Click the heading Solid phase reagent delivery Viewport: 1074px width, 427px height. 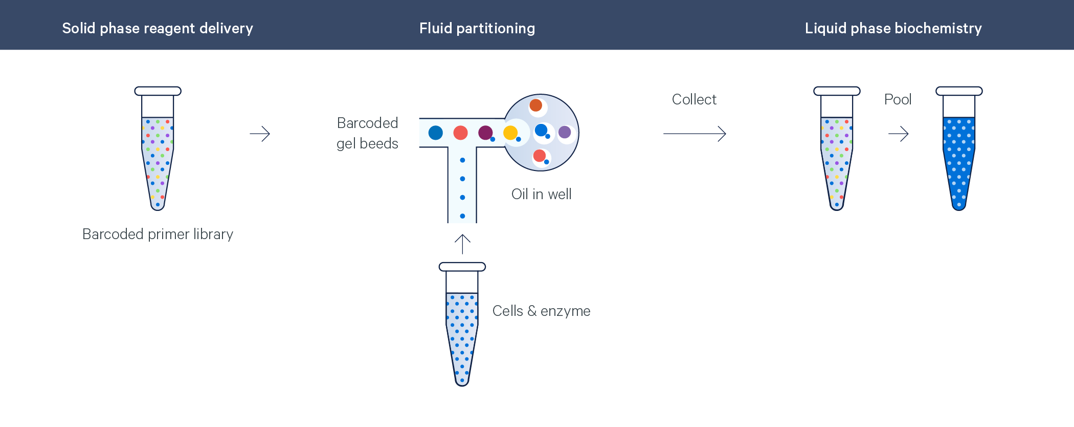158,28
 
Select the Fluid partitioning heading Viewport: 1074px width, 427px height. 477,28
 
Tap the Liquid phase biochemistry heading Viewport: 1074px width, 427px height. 893,28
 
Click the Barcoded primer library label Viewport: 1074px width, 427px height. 158,234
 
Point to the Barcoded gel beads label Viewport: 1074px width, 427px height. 367,133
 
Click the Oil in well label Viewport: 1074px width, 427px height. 542,194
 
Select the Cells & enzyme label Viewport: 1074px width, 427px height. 541,311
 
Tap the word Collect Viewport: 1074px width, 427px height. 694,99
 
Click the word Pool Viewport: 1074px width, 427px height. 898,99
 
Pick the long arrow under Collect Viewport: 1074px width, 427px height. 695,134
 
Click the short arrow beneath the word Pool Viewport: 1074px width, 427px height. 899,134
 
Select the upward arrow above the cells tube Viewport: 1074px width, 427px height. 462,244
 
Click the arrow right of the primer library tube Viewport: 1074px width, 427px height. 260,134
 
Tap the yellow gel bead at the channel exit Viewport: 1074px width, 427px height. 510,133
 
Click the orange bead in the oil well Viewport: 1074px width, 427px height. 535,105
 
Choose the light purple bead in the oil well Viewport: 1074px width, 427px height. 565,132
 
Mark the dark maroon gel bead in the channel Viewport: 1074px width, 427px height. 485,133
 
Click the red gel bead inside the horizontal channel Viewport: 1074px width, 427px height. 460,133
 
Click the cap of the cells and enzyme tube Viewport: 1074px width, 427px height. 462,267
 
